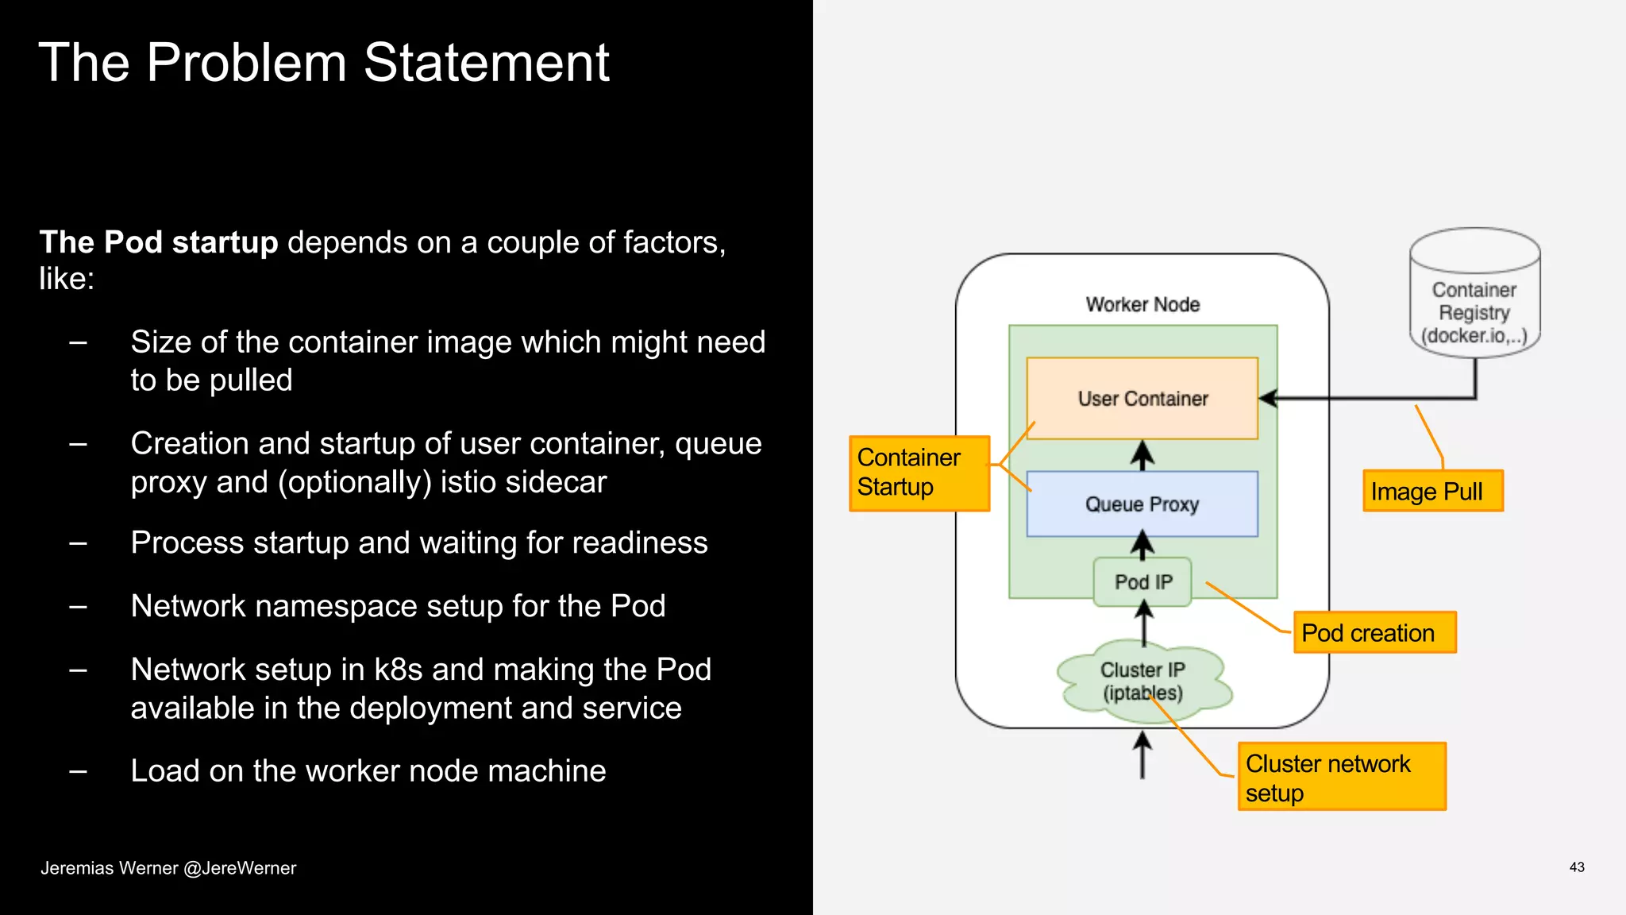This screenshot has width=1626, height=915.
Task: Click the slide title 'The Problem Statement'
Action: [323, 63]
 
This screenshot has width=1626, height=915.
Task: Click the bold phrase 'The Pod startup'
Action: [158, 242]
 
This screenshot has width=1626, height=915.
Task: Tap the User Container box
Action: [1142, 399]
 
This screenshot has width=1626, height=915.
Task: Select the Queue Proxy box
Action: [1142, 504]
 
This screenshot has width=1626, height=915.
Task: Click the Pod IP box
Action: [1142, 582]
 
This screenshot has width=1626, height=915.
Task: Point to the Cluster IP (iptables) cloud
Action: [1142, 681]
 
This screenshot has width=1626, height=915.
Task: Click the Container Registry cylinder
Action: [1474, 302]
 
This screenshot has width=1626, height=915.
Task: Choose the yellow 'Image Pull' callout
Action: [1431, 492]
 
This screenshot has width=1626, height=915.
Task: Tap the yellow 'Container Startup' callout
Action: [919, 473]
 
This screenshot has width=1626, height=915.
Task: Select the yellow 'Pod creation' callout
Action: [1374, 633]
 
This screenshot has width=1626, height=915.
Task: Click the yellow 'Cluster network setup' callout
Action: [1341, 778]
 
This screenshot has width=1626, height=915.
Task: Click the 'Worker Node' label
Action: [1142, 304]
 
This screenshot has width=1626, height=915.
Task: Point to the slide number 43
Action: [1576, 867]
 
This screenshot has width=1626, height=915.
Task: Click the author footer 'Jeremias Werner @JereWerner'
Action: [168, 868]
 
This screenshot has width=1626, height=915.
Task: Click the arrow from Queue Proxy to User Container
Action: [1142, 455]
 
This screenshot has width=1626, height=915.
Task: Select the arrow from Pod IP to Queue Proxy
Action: [1142, 546]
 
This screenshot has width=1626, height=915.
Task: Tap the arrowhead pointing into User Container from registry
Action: [1269, 398]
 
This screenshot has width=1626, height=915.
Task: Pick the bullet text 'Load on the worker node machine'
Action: [368, 771]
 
